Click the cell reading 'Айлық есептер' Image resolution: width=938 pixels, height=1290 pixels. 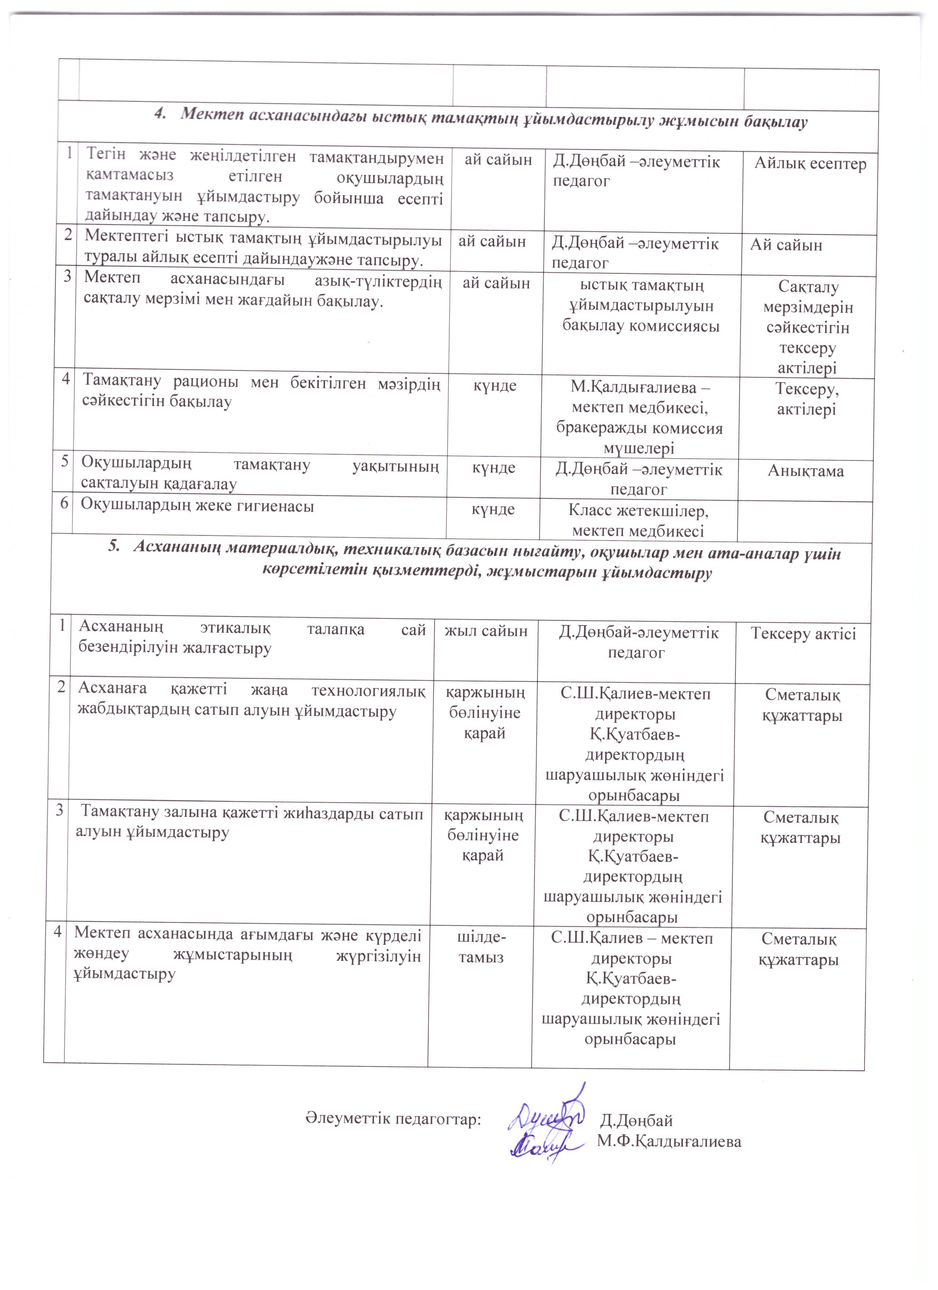[x=810, y=164]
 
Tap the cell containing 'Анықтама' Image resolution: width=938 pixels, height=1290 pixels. [x=805, y=470]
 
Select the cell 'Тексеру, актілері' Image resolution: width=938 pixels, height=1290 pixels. [x=807, y=399]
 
